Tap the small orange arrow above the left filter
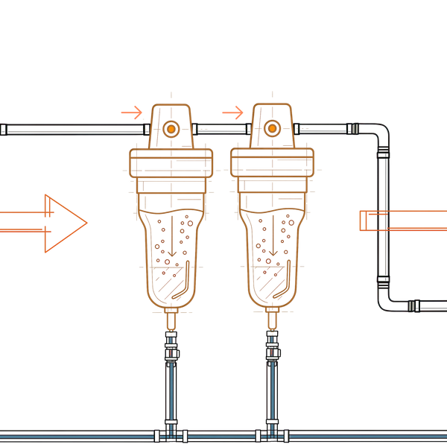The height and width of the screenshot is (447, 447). click(132, 112)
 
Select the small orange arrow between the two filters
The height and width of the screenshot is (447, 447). click(232, 112)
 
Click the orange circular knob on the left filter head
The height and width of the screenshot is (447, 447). click(171, 129)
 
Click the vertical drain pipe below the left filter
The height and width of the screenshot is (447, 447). click(172, 380)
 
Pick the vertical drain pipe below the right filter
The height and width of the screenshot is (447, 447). click(273, 380)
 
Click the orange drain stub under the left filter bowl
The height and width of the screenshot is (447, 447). click(172, 321)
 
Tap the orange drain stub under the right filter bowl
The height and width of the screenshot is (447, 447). click(273, 321)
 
